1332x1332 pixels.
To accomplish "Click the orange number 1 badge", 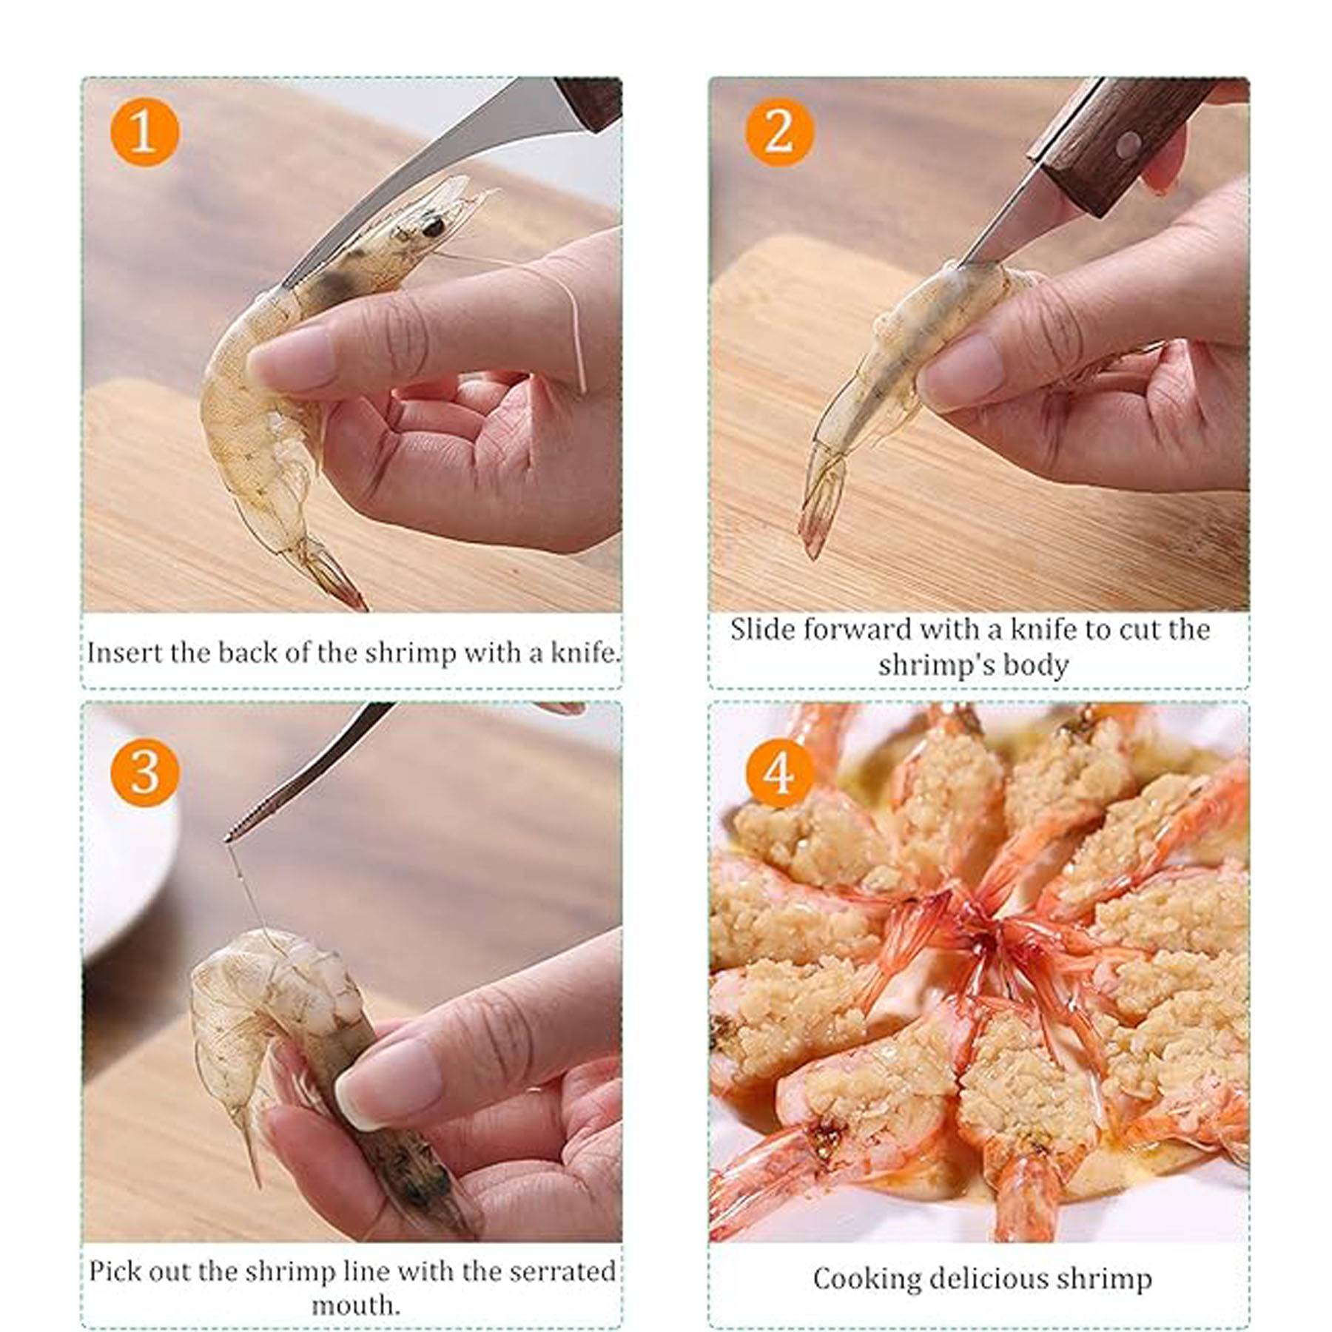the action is coord(144,132).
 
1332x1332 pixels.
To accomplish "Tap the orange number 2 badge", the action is coord(779,132).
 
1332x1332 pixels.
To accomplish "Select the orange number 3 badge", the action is coord(144,772).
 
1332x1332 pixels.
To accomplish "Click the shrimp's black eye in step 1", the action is coord(434,226).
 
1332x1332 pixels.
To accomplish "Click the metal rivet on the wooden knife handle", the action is coord(1128,143).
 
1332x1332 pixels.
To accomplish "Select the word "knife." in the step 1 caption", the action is coord(584,653).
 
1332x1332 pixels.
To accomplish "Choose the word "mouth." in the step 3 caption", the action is coord(355,1305).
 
